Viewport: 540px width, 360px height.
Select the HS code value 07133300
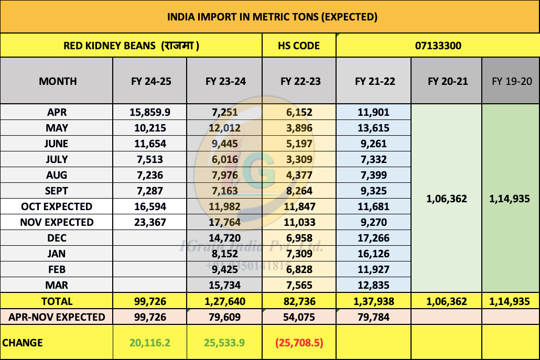437,46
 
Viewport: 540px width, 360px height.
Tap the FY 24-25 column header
151,81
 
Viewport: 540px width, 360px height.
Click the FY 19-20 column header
511,81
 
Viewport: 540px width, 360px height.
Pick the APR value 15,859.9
151,112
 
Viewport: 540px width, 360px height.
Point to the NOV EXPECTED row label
57,222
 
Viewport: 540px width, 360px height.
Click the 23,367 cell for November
151,222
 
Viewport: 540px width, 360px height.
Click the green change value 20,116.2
151,343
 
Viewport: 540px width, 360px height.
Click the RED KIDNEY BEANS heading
131,46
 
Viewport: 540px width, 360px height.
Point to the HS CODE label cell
299,46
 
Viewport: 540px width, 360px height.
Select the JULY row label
57,159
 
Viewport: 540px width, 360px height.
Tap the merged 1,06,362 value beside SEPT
446,199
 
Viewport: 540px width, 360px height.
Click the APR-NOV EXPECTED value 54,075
299,317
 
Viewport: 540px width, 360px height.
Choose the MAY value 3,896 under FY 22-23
299,128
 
